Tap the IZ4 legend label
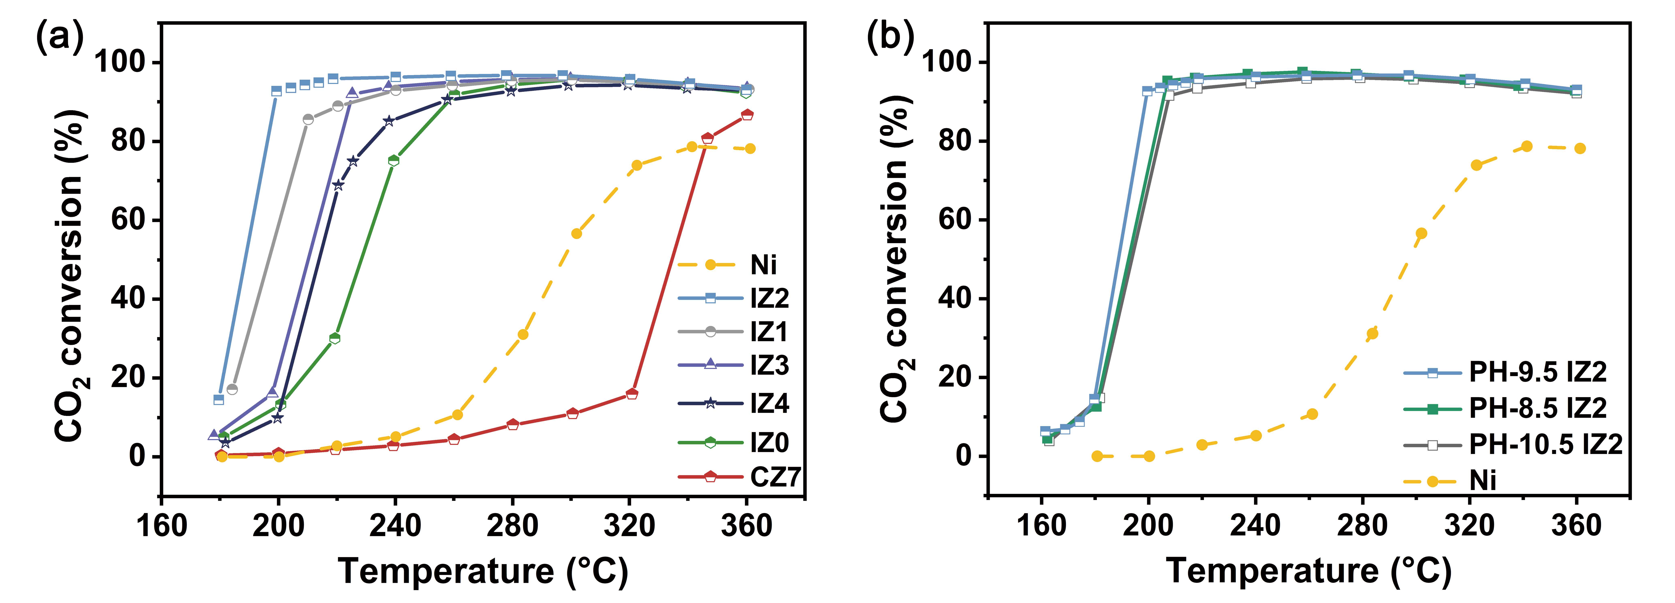[769, 403]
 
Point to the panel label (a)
[60, 38]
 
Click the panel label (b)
[890, 38]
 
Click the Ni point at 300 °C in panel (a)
[576, 233]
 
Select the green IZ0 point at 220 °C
[335, 338]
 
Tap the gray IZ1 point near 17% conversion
[232, 389]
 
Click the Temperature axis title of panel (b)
[1308, 572]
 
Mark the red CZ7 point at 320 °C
[631, 394]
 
